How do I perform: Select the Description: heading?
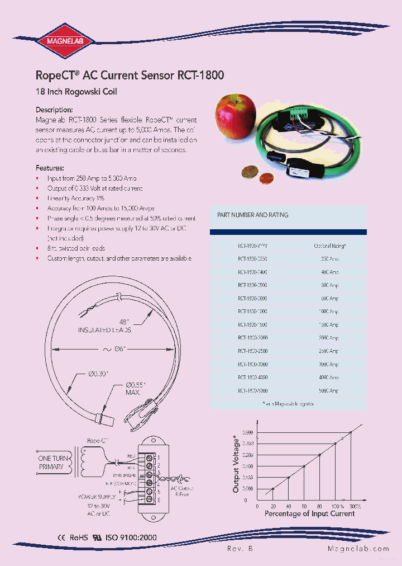(54, 110)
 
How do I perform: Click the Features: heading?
(50, 168)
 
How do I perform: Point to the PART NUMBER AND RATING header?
(252, 215)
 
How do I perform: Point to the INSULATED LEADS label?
(104, 331)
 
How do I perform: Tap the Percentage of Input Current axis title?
(309, 513)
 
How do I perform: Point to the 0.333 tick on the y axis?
(248, 444)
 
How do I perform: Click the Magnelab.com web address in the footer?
(351, 549)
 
